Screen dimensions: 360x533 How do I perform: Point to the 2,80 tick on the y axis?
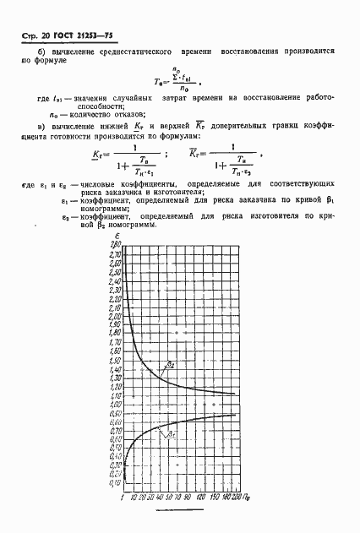[115, 245]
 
